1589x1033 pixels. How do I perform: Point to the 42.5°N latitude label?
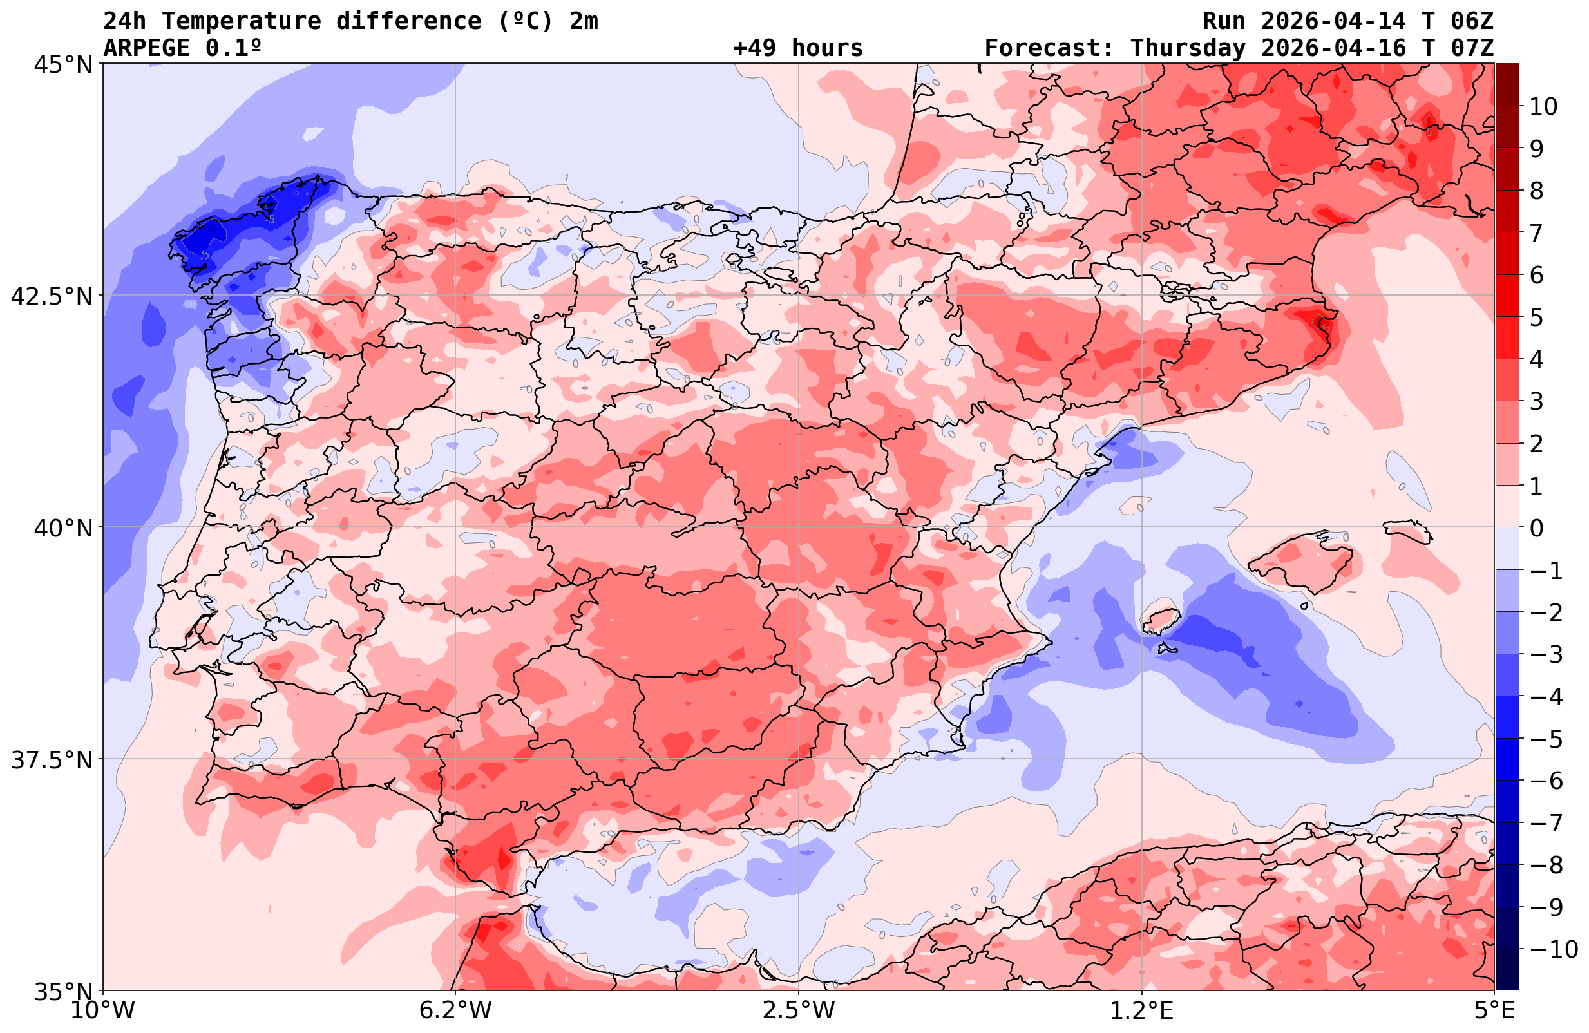point(51,296)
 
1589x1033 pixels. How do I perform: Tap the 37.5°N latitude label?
point(51,760)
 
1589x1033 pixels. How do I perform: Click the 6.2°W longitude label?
point(455,1010)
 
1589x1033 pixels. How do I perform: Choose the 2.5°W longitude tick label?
point(799,1010)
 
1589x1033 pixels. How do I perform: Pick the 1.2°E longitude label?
point(1142,1010)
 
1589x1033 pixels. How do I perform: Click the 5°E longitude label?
point(1494,1010)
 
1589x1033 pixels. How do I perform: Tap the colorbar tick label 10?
point(1543,106)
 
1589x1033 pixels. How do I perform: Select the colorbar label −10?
point(1553,949)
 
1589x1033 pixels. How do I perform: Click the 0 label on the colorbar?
point(1536,528)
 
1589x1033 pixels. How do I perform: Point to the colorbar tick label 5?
point(1536,317)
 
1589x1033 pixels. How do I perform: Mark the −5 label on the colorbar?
point(1545,739)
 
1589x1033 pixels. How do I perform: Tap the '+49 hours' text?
point(797,48)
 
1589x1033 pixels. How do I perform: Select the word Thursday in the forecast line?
point(1187,48)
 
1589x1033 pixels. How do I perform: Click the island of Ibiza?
point(1161,620)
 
